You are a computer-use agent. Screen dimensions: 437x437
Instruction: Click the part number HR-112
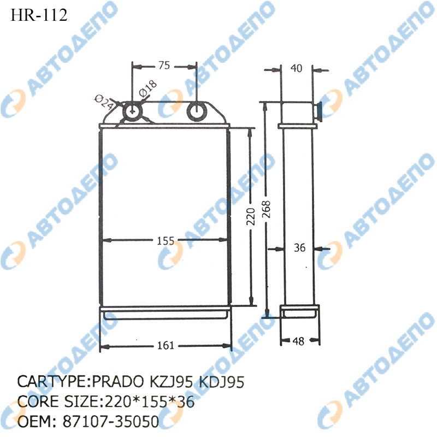click(x=39, y=15)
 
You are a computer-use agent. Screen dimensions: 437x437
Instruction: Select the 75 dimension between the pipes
click(x=164, y=66)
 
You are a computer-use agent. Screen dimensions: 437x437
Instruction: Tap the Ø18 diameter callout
click(x=147, y=88)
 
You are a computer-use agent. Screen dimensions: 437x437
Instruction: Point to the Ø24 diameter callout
click(x=104, y=102)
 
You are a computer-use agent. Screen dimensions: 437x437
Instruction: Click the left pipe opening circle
click(x=133, y=111)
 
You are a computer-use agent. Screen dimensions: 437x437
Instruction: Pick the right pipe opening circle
click(x=197, y=111)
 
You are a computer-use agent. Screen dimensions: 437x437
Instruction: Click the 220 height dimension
click(x=251, y=216)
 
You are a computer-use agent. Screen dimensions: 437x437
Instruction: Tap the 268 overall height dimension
click(x=267, y=209)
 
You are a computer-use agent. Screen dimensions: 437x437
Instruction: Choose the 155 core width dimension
click(x=166, y=241)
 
